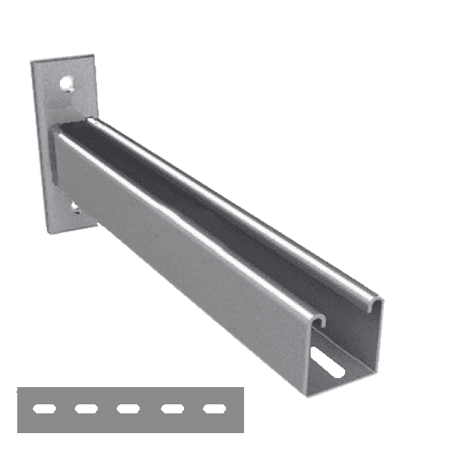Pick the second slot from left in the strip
tap(85, 408)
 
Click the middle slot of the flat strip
tap(127, 408)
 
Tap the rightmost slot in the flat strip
tap(214, 408)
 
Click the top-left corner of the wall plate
tap(33, 63)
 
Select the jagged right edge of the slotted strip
tap(242, 408)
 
